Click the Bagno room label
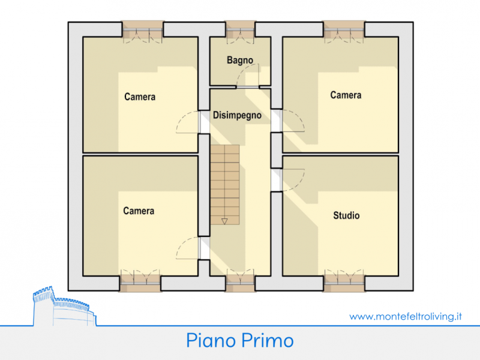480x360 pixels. pyautogui.click(x=240, y=60)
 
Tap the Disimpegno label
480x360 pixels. pyautogui.click(x=237, y=115)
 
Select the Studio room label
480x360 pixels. pyautogui.click(x=346, y=215)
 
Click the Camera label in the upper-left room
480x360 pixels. pyautogui.click(x=140, y=97)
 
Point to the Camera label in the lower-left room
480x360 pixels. pyautogui.click(x=139, y=211)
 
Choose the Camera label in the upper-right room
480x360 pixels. pyautogui.click(x=346, y=95)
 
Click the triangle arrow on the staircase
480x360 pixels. pyautogui.click(x=224, y=221)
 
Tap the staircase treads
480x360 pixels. pyautogui.click(x=224, y=185)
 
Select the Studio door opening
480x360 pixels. pyautogui.click(x=288, y=180)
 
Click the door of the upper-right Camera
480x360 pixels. pyautogui.click(x=288, y=121)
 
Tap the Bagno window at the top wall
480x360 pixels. pyautogui.click(x=241, y=32)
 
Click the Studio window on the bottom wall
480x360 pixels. pyautogui.click(x=344, y=281)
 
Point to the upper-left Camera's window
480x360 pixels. pyautogui.click(x=142, y=32)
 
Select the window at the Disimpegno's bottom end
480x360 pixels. pyautogui.click(x=241, y=280)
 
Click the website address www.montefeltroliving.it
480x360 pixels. pyautogui.click(x=406, y=316)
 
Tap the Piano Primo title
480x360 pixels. pyautogui.click(x=240, y=340)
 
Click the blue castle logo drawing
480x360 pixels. pyautogui.click(x=65, y=306)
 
